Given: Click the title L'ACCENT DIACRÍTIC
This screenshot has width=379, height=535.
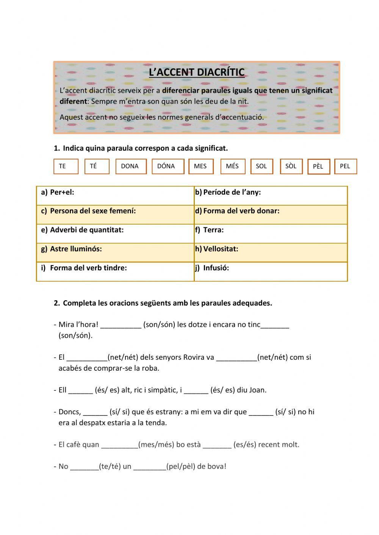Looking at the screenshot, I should (196, 72).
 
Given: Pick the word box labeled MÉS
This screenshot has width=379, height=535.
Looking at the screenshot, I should (232, 166).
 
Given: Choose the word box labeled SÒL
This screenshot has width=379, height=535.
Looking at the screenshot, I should (291, 166).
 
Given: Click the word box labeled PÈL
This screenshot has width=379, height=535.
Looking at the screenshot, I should (318, 167).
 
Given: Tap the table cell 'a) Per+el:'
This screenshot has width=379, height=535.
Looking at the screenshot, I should (115, 195).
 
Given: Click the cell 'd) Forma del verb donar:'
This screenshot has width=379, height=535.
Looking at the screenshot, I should (271, 214).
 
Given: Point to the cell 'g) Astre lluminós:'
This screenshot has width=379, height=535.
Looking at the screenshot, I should (115, 252).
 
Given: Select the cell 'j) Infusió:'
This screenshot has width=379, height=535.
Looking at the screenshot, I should (271, 271).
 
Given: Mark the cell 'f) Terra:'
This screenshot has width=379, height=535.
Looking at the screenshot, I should (271, 233).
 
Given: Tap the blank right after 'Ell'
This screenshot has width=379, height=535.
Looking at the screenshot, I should (81, 391).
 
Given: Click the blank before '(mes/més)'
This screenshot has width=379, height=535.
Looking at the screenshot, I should (120, 445).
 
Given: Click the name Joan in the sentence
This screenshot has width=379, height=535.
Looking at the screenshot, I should (257, 390).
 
